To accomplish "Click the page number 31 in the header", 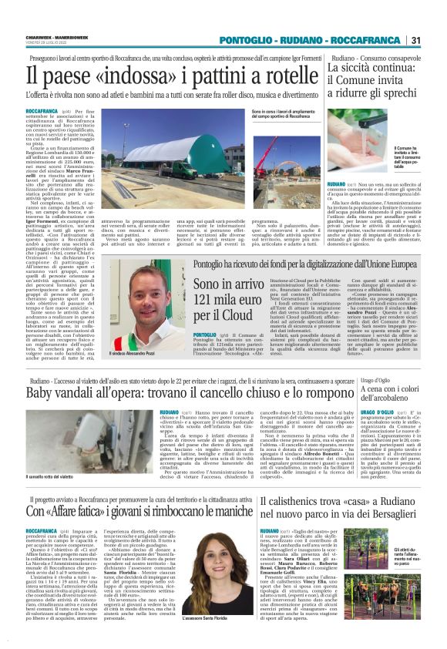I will (x=415, y=39).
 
